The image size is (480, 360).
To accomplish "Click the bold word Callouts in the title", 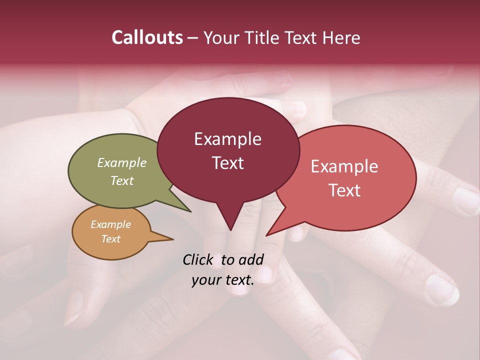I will point(147,37).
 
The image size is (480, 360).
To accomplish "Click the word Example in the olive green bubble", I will point(122,162).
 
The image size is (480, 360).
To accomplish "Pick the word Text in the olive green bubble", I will point(122,180).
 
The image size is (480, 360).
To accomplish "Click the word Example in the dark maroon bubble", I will point(227,139).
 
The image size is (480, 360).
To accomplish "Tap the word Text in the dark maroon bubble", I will point(227,163).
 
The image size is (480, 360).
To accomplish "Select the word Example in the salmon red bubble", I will point(344,166).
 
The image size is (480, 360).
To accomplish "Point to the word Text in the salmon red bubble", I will point(344,190).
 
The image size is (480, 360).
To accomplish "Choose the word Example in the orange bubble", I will point(110,224).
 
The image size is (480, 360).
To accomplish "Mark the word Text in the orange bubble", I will point(110,239).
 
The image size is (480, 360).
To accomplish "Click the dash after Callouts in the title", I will point(193,37).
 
